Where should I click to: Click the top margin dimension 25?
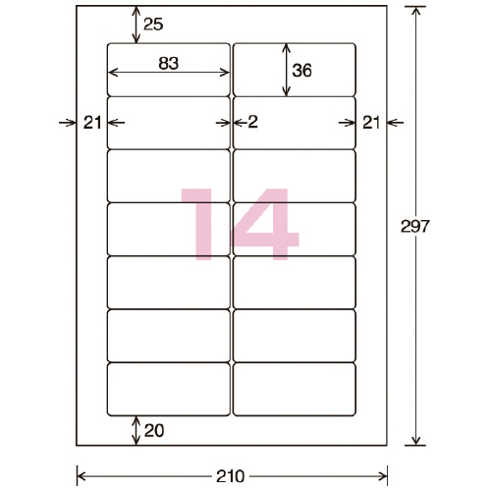153,25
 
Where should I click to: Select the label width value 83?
169,63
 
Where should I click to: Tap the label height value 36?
301,71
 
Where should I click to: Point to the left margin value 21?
92,123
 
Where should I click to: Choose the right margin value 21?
371,123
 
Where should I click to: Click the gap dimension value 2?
253,122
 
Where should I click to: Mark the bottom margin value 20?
154,430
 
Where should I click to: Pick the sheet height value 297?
414,226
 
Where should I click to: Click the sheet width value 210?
230,476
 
